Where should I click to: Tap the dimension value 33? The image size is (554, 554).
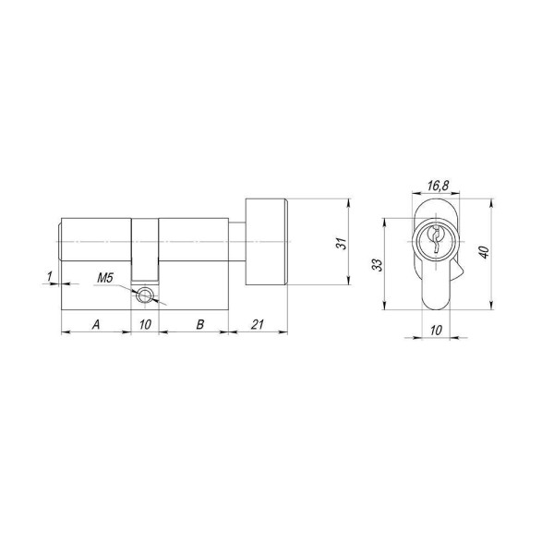point(378,265)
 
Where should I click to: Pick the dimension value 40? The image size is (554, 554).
point(481,253)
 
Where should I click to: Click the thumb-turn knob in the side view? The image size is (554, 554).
point(267,242)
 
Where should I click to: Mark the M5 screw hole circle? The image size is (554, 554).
point(145,295)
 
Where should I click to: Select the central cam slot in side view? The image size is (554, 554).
point(144,249)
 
